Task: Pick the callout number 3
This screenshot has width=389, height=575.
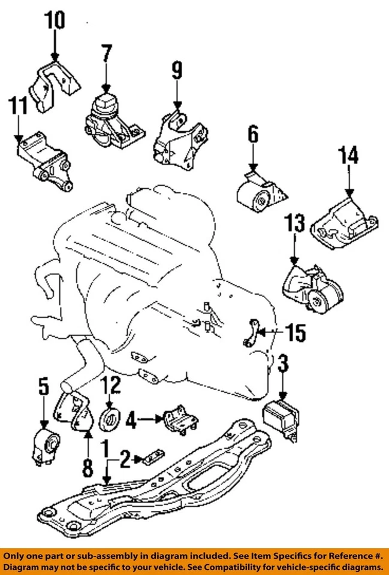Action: coord(284,363)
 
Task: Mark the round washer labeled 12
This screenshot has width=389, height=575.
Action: coord(111,419)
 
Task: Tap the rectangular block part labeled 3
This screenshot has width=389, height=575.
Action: coord(282,417)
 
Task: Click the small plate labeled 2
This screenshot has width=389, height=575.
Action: coord(150,459)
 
